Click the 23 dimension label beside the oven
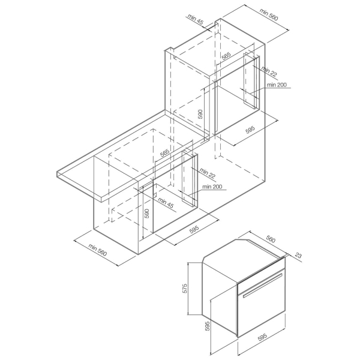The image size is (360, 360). click(x=298, y=256)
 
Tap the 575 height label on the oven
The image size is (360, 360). click(x=185, y=289)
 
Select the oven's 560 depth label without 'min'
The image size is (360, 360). click(x=271, y=239)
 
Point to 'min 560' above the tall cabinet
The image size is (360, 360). click(x=269, y=14)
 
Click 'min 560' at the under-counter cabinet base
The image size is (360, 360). click(x=98, y=250)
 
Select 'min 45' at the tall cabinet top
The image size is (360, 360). click(x=196, y=20)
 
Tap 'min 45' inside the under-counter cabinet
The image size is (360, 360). click(x=166, y=203)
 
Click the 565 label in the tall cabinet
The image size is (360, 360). click(x=226, y=56)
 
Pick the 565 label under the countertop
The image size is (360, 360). click(x=164, y=153)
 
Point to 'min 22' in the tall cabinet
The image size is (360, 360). click(x=269, y=71)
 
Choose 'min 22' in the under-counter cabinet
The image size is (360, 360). click(x=208, y=173)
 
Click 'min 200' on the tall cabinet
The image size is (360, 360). click(x=277, y=85)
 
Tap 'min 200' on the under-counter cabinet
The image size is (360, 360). click(x=212, y=187)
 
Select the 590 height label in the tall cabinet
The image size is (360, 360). click(x=200, y=114)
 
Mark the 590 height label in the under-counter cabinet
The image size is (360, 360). click(x=147, y=213)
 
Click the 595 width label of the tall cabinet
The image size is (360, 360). click(x=250, y=130)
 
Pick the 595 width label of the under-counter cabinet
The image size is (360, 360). click(x=194, y=230)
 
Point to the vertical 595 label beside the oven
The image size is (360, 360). click(x=208, y=326)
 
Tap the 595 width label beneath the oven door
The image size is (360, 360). click(x=262, y=337)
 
